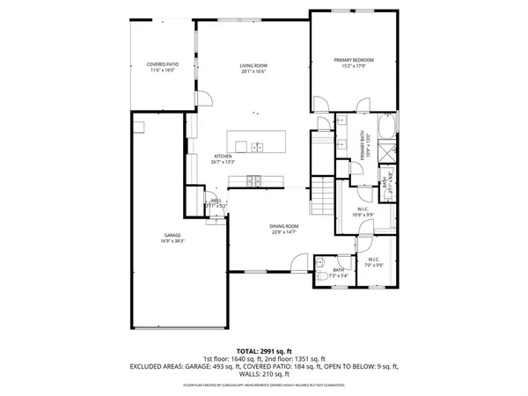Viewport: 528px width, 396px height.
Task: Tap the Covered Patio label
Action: click(161, 65)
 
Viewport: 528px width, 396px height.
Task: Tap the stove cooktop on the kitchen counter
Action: click(253, 181)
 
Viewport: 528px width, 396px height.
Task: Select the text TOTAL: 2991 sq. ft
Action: click(263, 349)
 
